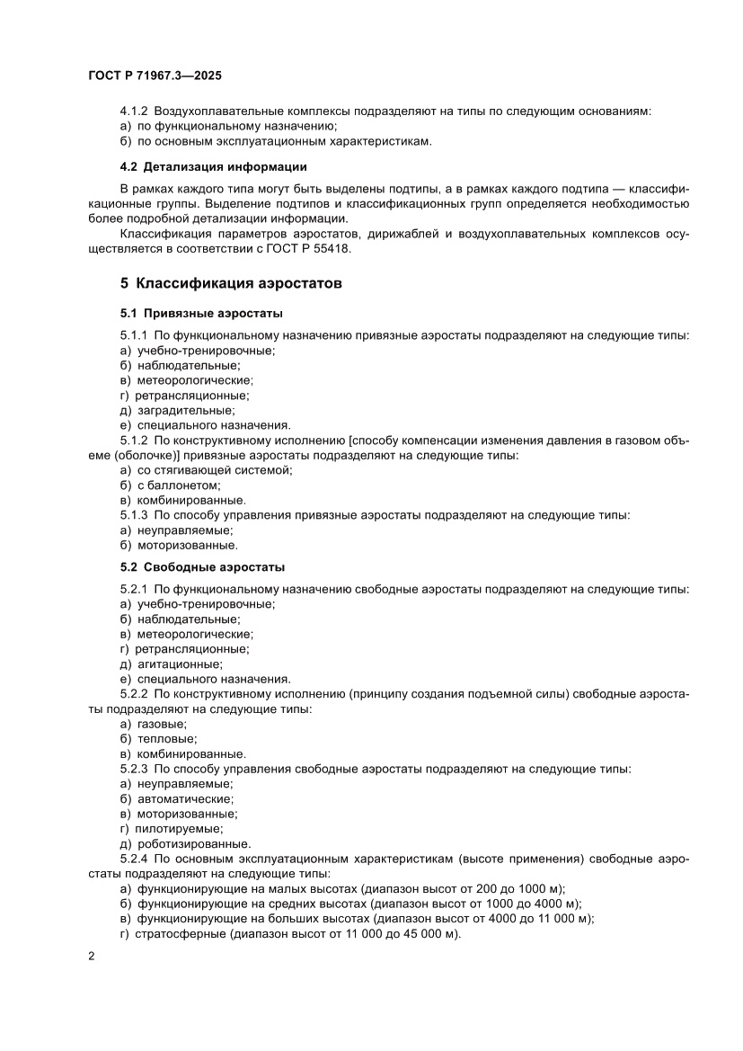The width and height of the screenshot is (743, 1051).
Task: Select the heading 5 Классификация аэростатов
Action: pos(231,283)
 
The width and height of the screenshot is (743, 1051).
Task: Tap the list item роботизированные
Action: pos(187,843)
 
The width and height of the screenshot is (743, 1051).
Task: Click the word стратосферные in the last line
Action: pos(179,934)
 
